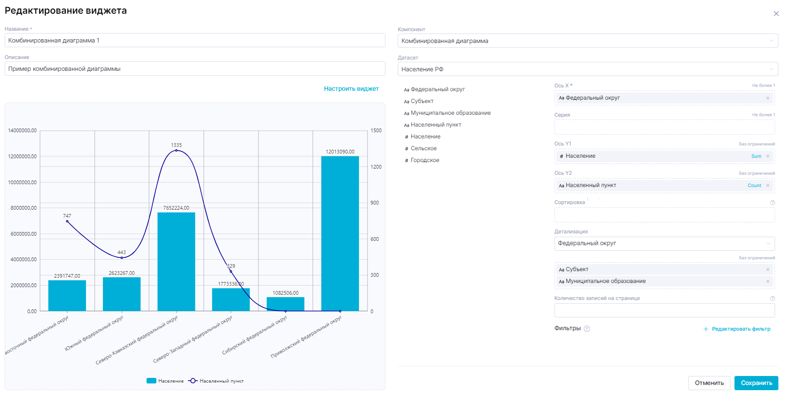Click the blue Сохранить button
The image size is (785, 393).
tap(756, 383)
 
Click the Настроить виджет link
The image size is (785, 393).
tap(351, 89)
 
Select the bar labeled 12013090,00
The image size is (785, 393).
tap(340, 233)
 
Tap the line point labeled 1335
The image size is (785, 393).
tap(176, 151)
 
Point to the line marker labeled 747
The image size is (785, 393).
tap(67, 222)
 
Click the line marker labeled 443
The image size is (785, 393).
tap(122, 258)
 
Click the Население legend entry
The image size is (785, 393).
tap(165, 381)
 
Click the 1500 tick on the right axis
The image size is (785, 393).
tap(376, 131)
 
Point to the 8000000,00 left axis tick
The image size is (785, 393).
tap(24, 208)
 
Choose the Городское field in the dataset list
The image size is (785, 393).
tap(425, 161)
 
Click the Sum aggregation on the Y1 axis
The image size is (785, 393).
tap(756, 156)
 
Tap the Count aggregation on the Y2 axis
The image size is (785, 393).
tap(754, 186)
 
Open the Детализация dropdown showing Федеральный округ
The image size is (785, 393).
tap(664, 244)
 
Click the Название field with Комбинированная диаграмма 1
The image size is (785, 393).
tap(195, 41)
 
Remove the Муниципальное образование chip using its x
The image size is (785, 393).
tap(768, 282)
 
